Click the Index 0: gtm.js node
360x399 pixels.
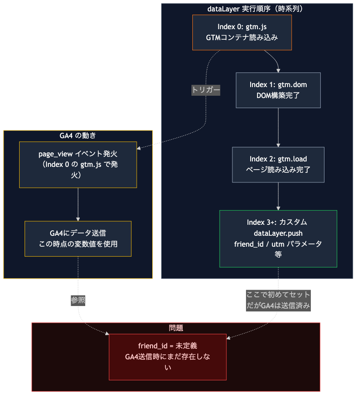point(242,32)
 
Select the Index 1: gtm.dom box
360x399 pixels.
point(278,90)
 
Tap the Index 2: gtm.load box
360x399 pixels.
point(278,164)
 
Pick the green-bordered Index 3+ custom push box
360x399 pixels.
point(278,238)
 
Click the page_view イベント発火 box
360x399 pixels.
point(78,164)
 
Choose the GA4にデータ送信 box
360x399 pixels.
point(78,238)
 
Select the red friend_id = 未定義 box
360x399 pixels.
point(167,357)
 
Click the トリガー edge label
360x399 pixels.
point(206,90)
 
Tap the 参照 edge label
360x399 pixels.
point(78,300)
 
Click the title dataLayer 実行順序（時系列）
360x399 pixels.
point(257,8)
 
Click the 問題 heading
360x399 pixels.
point(176,328)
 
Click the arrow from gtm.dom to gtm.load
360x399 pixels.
point(278,127)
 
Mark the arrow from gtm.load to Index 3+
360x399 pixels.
point(278,196)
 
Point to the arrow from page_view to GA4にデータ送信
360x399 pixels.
point(78,204)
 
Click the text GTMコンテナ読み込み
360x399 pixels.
point(242,37)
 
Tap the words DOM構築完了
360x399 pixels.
point(278,95)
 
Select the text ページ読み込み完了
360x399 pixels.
point(278,170)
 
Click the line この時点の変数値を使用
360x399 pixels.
point(78,244)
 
